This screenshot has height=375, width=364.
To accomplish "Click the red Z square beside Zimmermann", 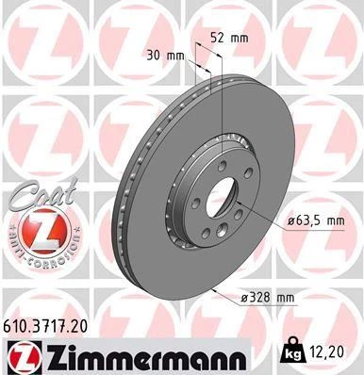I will pos(21,354).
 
